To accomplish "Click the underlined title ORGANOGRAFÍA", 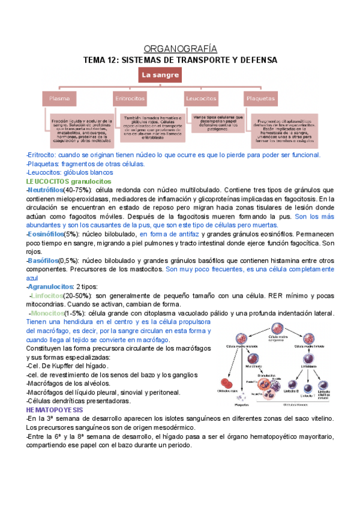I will click(181, 49).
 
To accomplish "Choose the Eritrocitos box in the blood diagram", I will click(129, 98).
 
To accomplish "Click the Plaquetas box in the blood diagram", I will click(260, 98).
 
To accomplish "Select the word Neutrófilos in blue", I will click(46, 190).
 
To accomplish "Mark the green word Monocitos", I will click(53, 313).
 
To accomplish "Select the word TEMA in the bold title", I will click(95, 60).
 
